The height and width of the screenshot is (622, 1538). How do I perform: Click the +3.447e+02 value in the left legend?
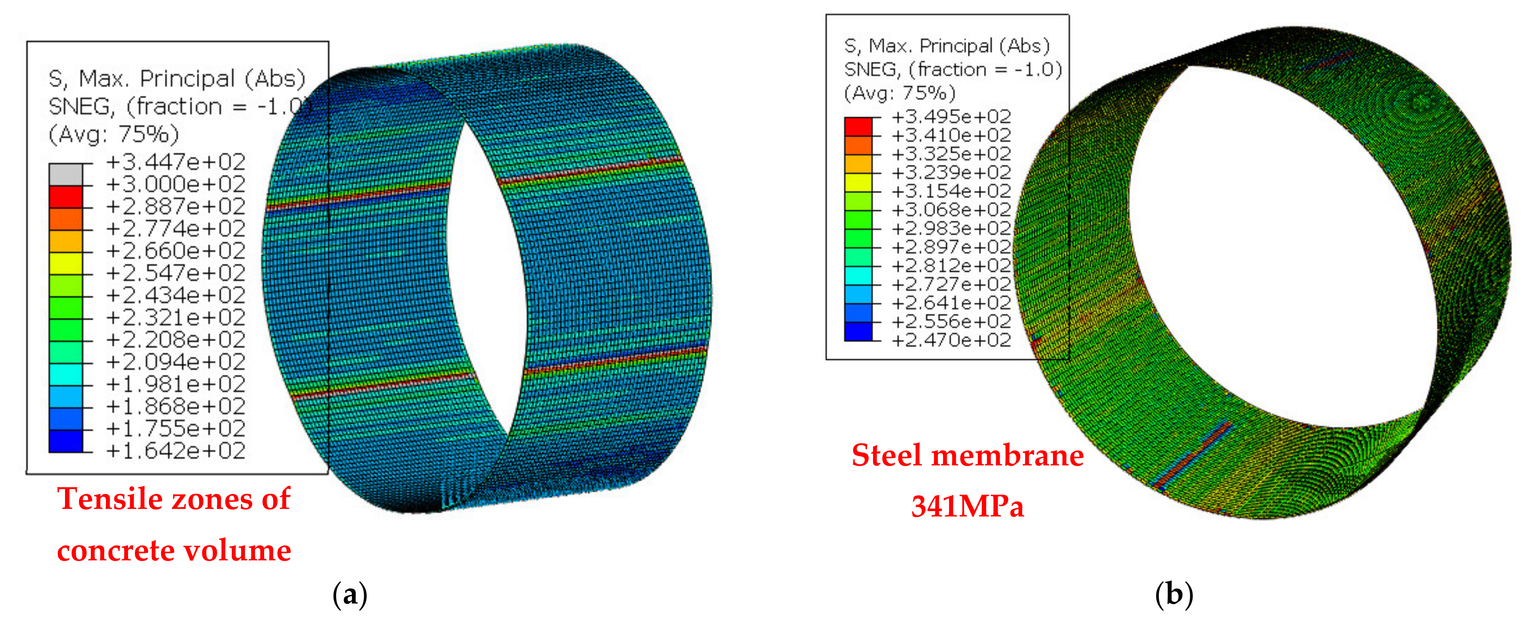click(x=175, y=162)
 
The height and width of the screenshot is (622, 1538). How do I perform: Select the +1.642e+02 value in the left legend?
click(x=175, y=451)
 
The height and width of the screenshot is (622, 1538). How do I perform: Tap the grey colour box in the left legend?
click(x=66, y=174)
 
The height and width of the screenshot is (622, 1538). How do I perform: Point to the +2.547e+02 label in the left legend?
click(x=175, y=273)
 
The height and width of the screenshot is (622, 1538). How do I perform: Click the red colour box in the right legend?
click(x=858, y=127)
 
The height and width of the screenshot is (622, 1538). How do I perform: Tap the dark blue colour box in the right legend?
click(x=858, y=331)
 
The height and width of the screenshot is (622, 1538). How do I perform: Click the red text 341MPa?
click(x=967, y=506)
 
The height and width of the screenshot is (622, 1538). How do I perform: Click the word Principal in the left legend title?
click(x=188, y=79)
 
